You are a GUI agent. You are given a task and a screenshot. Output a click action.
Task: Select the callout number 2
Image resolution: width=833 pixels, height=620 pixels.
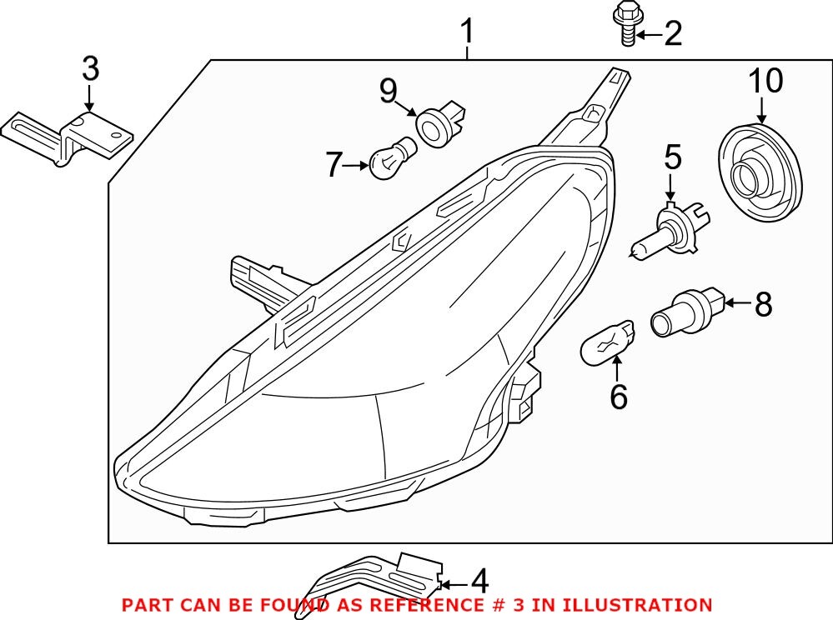(672, 34)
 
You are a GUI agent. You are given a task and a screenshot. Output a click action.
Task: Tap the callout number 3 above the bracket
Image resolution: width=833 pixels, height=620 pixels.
(90, 69)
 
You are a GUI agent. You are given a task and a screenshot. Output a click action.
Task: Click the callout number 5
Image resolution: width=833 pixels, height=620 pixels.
(672, 156)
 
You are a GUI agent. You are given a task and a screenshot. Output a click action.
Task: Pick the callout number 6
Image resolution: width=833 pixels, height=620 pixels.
(618, 397)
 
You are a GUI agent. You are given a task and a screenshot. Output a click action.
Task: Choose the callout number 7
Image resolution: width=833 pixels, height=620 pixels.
(334, 165)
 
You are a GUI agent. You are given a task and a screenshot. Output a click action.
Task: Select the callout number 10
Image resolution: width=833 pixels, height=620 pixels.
(765, 82)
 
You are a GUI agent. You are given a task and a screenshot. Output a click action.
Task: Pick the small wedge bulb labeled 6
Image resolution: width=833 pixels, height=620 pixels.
(608, 342)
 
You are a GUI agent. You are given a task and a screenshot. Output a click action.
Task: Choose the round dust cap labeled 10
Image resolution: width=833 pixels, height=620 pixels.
(760, 172)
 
